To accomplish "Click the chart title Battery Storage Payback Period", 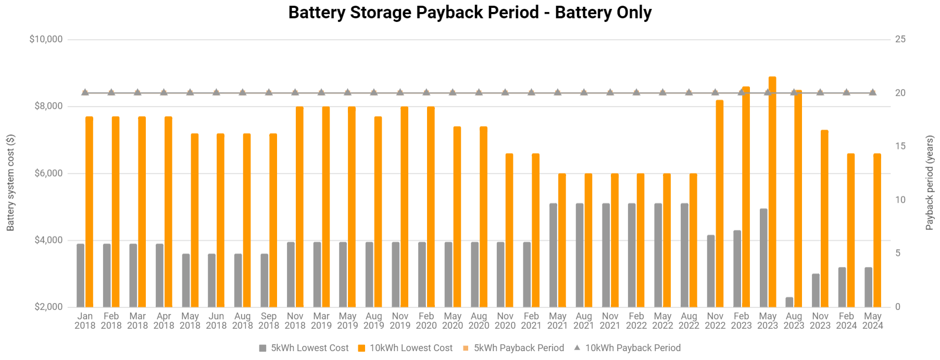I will (470, 13).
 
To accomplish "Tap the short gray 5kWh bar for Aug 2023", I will (789, 302).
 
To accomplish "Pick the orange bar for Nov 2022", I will (720, 203).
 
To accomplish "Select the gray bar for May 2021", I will (553, 255).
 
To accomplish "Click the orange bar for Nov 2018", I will (299, 207).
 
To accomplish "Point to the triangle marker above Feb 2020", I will (427, 92).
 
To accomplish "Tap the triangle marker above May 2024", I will (873, 92).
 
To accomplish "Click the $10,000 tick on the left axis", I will (46, 39).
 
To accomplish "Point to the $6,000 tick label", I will (48, 173).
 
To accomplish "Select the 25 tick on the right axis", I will (900, 39).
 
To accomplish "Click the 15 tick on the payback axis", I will (900, 146).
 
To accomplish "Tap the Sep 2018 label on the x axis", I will (269, 320).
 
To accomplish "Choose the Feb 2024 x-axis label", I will (846, 320).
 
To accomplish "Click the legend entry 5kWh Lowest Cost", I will (309, 348).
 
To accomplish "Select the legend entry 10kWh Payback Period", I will (632, 348).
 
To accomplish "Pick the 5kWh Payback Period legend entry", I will (518, 348).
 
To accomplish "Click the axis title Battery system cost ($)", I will (10, 182).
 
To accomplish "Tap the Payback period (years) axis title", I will (930, 182).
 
